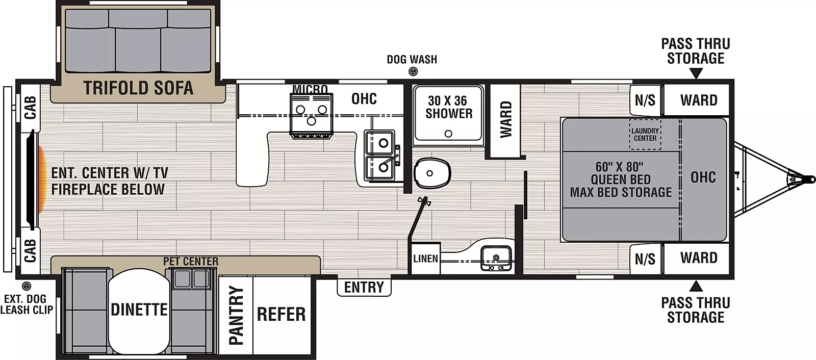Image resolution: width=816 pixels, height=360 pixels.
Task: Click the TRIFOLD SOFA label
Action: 138,88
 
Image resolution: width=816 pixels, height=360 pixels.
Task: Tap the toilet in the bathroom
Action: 431,173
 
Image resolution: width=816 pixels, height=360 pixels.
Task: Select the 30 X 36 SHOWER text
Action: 449,107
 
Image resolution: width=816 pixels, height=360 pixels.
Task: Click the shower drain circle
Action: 448,134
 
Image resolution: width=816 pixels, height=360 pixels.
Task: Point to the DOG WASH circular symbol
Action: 413,72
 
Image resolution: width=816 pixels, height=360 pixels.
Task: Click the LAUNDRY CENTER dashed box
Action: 645,135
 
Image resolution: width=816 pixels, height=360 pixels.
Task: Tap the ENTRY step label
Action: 364,287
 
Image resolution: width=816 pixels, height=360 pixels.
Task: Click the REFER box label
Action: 281,315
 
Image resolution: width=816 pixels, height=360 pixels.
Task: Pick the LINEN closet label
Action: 425,259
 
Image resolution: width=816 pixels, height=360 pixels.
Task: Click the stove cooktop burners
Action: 311,115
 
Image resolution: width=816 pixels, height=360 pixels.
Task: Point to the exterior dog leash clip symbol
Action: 27,287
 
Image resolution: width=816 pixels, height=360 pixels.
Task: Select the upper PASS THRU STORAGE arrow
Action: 696,74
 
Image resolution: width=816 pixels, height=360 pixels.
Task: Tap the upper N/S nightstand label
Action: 645,100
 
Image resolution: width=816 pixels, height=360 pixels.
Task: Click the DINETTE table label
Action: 139,310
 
